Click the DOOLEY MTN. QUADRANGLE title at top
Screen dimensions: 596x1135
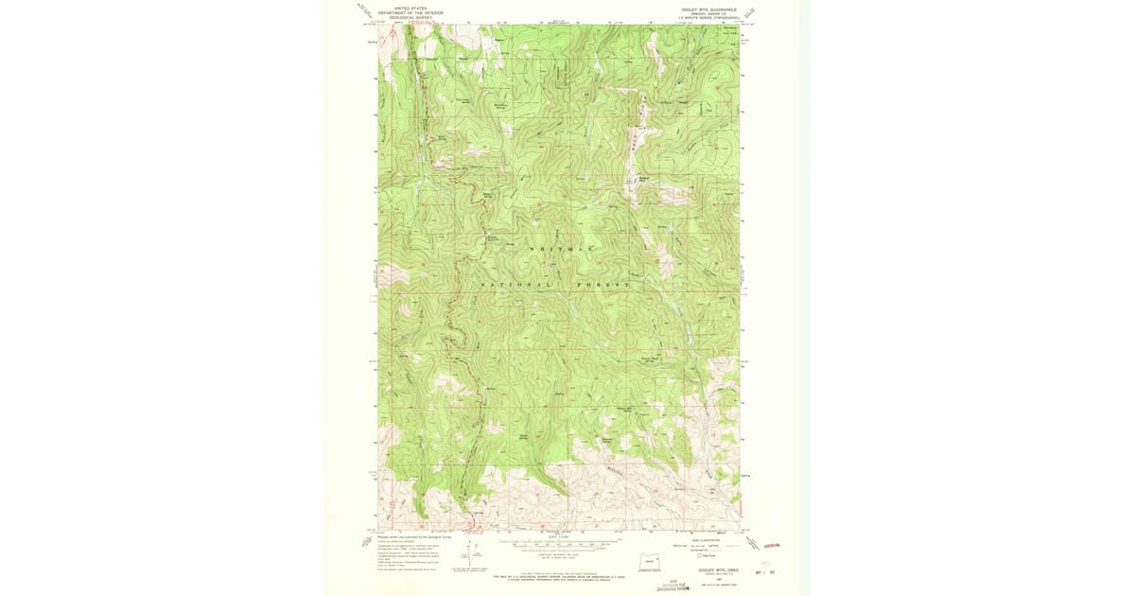click(x=702, y=8)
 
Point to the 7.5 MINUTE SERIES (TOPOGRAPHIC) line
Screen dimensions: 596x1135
click(x=702, y=17)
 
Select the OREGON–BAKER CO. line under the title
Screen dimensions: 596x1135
click(x=702, y=12)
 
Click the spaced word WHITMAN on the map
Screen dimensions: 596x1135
click(x=561, y=249)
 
